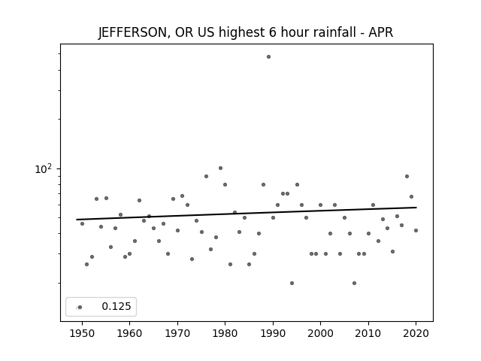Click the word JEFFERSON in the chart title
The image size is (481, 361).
[x=132, y=32]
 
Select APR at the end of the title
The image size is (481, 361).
[x=381, y=32]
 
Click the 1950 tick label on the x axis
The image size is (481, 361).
[x=82, y=333]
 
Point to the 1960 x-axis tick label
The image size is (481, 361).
[x=129, y=333]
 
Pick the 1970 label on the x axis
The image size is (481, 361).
[x=177, y=333]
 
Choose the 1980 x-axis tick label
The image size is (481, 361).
[x=225, y=333]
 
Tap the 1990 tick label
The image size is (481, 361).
[x=273, y=333]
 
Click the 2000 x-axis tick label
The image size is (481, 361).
[x=320, y=333]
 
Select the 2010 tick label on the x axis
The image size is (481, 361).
[x=368, y=333]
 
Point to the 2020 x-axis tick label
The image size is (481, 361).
[x=416, y=333]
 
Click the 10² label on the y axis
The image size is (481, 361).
[x=44, y=168]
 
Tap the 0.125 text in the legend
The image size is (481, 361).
[x=116, y=306]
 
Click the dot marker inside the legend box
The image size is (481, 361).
[x=80, y=308]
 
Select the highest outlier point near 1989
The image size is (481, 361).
[x=269, y=57]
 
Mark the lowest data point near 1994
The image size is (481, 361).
[x=292, y=283]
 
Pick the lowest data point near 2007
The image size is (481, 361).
[x=354, y=283]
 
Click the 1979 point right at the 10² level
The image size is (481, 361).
[x=220, y=168]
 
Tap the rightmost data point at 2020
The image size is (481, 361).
[x=416, y=231]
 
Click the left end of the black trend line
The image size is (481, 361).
[x=77, y=220]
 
